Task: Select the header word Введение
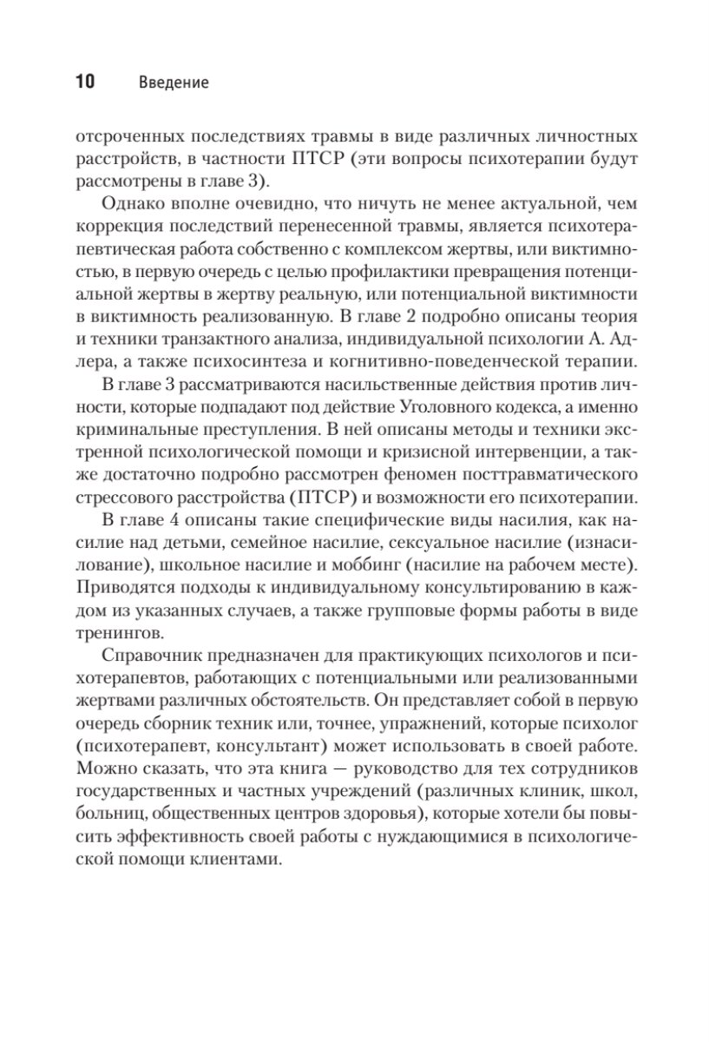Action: coord(173,83)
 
